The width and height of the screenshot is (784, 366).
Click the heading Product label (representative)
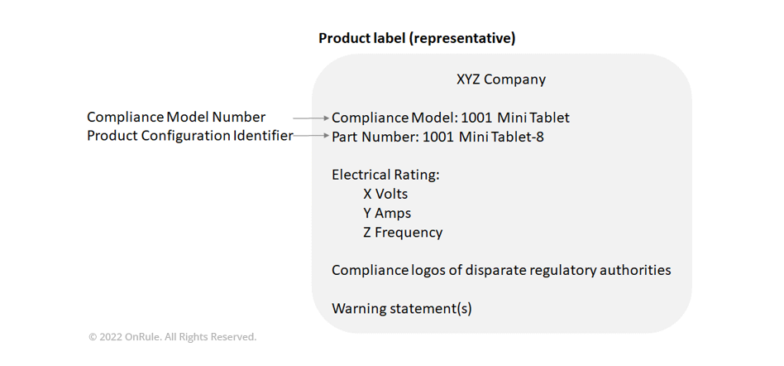(417, 38)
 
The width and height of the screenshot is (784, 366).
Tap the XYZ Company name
(501, 79)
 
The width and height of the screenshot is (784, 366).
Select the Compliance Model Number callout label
(176, 117)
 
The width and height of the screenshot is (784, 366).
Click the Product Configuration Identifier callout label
(190, 136)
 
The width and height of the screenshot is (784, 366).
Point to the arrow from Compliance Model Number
(312, 118)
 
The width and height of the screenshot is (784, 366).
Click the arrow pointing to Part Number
(312, 135)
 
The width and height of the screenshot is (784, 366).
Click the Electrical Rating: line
(385, 175)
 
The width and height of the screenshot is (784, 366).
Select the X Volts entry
(385, 194)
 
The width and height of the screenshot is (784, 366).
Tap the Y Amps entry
(387, 214)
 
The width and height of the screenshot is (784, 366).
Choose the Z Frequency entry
(403, 233)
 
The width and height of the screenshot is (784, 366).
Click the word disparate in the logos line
(495, 271)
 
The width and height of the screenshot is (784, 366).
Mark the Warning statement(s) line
(401, 308)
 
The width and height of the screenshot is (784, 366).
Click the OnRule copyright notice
(173, 337)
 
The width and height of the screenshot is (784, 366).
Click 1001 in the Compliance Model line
(476, 118)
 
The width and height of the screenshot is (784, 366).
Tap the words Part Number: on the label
(375, 137)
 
